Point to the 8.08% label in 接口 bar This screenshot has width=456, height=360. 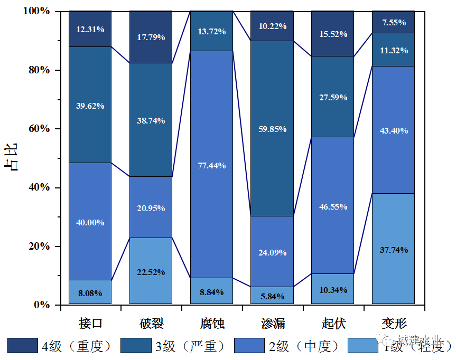tap(90, 293)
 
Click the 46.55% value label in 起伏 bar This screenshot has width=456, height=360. tap(333, 206)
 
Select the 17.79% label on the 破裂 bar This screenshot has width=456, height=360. tap(151, 37)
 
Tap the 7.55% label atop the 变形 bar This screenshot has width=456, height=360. tap(393, 22)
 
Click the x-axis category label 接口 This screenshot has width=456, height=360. tap(90, 323)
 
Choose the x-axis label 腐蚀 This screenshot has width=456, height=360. tap(211, 323)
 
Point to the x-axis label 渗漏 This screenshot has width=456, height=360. tap(272, 323)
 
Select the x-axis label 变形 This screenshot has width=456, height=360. tap(393, 323)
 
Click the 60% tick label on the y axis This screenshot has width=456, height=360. tap(39, 129)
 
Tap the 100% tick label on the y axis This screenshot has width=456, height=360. tap(36, 11)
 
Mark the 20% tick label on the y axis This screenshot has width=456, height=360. tap(39, 247)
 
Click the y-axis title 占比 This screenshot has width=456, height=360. tap(11, 157)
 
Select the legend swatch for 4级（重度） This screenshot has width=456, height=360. tap(22, 346)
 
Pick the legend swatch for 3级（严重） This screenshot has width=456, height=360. tap(136, 346)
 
